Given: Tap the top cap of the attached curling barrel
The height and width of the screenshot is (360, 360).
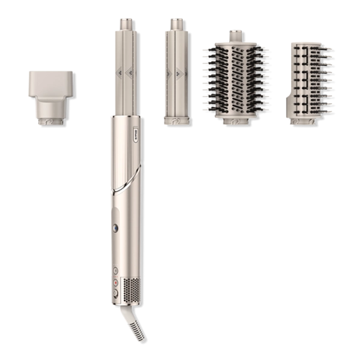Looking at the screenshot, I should pyautogui.click(x=125, y=23).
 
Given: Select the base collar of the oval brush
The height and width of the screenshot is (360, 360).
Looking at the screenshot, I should pyautogui.click(x=237, y=123).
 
